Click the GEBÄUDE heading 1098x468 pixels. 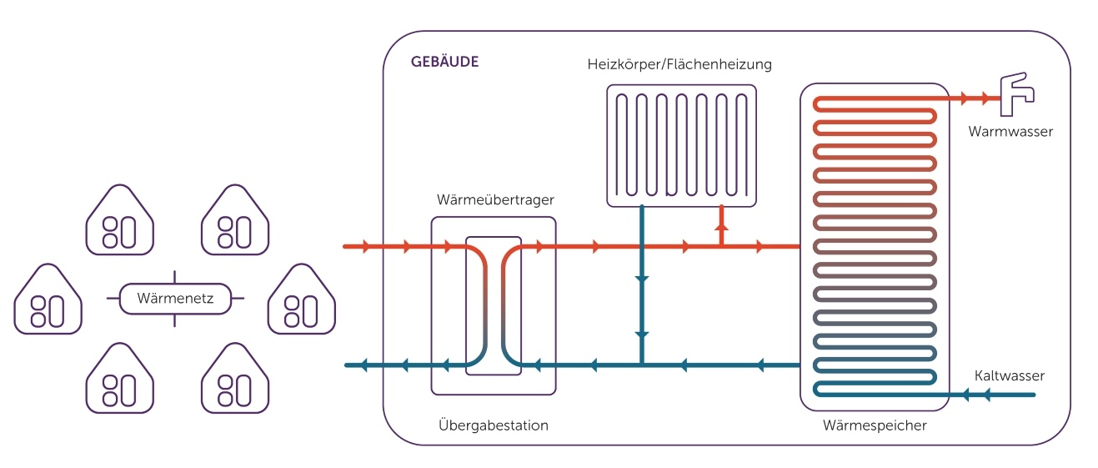(x=444, y=63)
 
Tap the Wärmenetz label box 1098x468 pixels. (x=175, y=298)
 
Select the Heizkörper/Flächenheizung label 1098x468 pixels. (x=679, y=63)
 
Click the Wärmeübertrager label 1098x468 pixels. (x=495, y=200)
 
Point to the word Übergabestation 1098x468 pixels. (x=493, y=425)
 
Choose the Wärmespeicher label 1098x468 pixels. (x=875, y=425)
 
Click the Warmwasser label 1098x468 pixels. (x=1010, y=131)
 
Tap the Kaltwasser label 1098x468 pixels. (x=1009, y=376)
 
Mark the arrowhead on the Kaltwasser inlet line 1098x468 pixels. (x=987, y=395)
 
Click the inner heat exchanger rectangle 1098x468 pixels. (x=494, y=306)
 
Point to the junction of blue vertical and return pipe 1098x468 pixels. (x=641, y=365)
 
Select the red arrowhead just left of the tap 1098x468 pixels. (x=987, y=98)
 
